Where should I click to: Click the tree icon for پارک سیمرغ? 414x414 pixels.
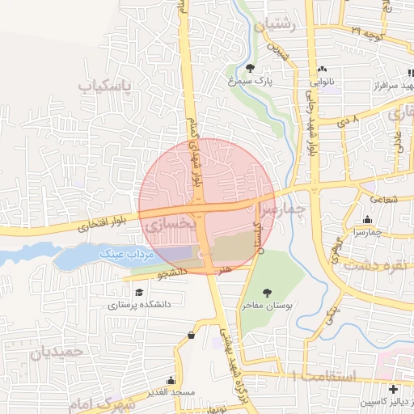(250, 68)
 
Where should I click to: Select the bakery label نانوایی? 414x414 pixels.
(322, 81)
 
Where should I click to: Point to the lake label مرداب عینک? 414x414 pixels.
(125, 254)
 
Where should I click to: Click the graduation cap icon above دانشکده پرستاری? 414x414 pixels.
(138, 292)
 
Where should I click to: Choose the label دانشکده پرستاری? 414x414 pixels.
(135, 305)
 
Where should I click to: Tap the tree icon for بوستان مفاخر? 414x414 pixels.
(267, 293)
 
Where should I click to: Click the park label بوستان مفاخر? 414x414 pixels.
(267, 306)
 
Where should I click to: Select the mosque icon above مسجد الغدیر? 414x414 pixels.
(171, 380)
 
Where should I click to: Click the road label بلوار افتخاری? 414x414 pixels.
(84, 227)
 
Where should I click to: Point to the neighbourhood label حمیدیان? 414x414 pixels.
(57, 353)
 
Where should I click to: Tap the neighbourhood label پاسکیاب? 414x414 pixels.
(107, 84)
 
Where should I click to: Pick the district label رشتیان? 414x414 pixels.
(276, 26)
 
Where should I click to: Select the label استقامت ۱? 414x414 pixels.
(323, 376)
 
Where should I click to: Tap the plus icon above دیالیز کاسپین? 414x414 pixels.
(393, 389)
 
